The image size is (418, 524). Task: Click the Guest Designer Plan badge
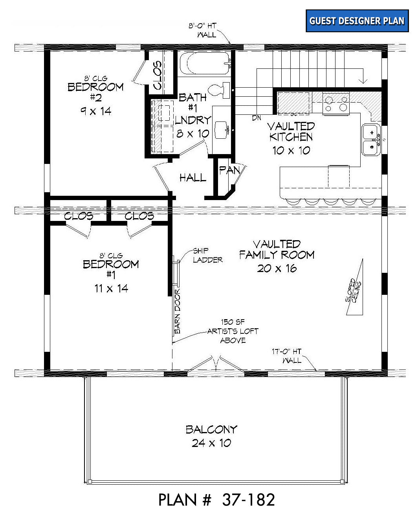pos(357,21)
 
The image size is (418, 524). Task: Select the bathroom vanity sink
pos(222,130)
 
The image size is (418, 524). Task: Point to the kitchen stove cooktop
pos(336,103)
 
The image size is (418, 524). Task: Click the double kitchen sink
pos(371,140)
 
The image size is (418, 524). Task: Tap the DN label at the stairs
pos(257,118)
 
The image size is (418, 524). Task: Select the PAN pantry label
pos(229,171)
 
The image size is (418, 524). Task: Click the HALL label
pos(193,178)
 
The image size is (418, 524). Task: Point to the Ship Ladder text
pos(208,256)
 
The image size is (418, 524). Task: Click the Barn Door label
pos(178,311)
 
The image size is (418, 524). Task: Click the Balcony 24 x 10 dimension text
pos(211,443)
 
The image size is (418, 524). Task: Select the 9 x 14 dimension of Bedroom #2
pos(96,112)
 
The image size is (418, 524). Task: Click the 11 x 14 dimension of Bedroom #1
pos(111,289)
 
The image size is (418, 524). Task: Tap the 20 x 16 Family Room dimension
pos(277,268)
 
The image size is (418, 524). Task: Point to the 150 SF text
pos(233,322)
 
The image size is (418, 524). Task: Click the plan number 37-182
pos(248,500)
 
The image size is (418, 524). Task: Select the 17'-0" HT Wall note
pos(287,356)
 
